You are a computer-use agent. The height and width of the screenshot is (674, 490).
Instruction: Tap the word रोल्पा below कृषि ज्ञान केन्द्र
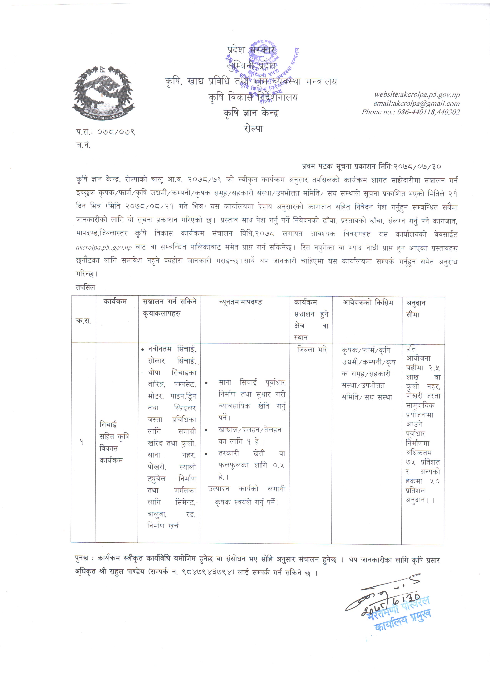coord(253,129)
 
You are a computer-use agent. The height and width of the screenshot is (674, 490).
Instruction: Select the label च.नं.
coord(83,145)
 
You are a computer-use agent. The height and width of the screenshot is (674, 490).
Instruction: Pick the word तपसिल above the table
coord(85,288)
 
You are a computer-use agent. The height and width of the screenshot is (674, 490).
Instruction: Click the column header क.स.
coord(83,321)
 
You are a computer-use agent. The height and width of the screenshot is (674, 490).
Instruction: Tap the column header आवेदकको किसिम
coord(368,303)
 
